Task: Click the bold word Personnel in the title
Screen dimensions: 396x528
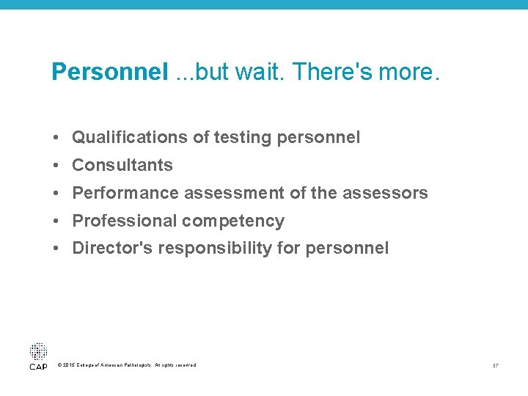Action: point(110,72)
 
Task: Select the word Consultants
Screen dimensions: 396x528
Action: point(122,165)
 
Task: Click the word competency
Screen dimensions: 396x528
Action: point(233,221)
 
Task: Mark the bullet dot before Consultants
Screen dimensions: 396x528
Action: point(56,165)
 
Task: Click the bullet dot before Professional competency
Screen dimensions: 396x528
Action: point(56,221)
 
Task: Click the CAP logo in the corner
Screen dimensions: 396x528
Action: point(38,356)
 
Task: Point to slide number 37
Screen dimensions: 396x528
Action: point(496,365)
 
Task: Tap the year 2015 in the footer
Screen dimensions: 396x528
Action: point(70,365)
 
